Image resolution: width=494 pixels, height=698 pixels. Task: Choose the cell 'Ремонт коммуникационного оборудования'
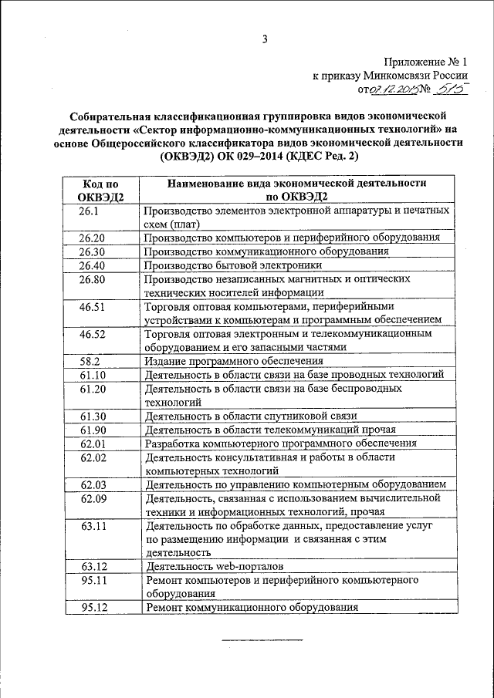pos(252,607)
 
